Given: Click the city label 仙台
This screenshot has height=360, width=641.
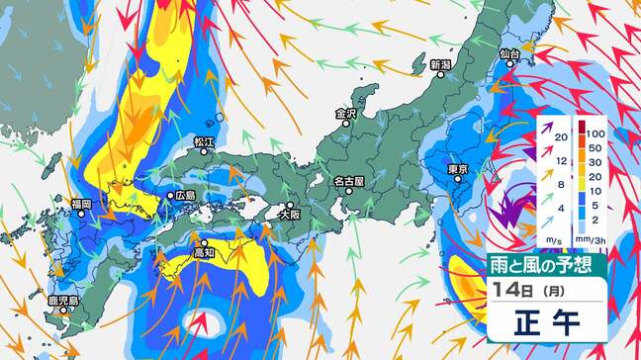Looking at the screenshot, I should (510, 53).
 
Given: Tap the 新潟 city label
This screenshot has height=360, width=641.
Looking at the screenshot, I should (440, 65).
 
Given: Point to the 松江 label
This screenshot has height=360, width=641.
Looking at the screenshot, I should (204, 142).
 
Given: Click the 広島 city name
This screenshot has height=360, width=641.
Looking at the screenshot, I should (185, 196).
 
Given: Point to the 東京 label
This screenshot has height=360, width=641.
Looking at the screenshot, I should (457, 170).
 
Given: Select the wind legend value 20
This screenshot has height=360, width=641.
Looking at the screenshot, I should (560, 137).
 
